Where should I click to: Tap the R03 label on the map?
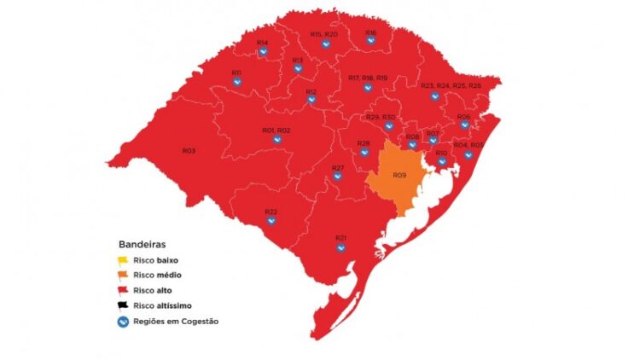(189, 151)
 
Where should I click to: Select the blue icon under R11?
(236, 84)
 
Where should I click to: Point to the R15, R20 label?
(323, 34)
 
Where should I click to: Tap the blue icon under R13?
(298, 71)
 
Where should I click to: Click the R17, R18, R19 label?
(368, 78)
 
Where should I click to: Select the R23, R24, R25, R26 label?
(451, 85)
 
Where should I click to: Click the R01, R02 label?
(276, 131)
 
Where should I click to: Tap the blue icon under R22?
(271, 222)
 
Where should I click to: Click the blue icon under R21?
(340, 248)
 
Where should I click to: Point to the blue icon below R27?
(337, 177)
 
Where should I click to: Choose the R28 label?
(364, 142)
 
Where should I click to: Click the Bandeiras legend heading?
(142, 244)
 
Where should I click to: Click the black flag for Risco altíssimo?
(123, 305)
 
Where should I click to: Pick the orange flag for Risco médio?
(123, 275)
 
